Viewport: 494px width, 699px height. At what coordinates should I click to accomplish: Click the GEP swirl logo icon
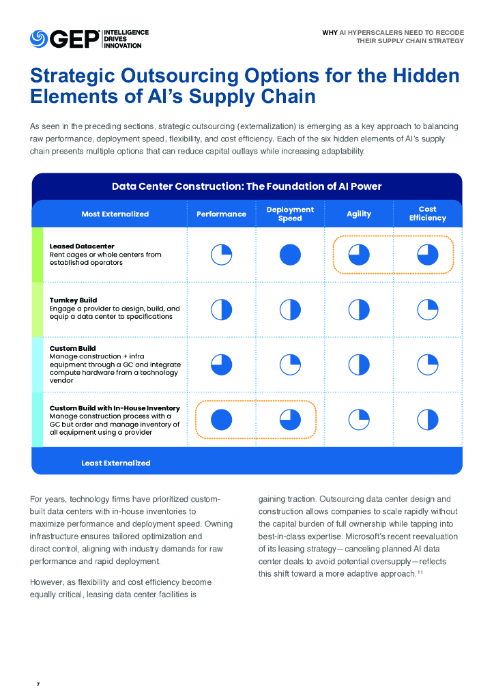pyautogui.click(x=39, y=39)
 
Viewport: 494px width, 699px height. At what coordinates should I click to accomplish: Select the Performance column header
pyautogui.click(x=221, y=214)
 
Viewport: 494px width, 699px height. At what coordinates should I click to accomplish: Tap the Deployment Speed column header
pyautogui.click(x=290, y=214)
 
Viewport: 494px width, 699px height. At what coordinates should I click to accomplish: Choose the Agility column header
pyautogui.click(x=359, y=214)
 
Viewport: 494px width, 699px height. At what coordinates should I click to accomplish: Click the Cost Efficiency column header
pyautogui.click(x=428, y=214)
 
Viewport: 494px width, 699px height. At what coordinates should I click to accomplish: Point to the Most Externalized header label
pyautogui.click(x=115, y=214)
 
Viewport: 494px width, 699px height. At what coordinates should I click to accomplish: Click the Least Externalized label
pyautogui.click(x=116, y=463)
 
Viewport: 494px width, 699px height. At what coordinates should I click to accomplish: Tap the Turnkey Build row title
pyautogui.click(x=74, y=300)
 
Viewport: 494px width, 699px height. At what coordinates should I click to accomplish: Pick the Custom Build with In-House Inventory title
pyautogui.click(x=115, y=408)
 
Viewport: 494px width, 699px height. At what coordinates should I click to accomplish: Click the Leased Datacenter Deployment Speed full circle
pyautogui.click(x=290, y=255)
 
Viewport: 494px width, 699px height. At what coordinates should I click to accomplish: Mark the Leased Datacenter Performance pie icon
pyautogui.click(x=221, y=255)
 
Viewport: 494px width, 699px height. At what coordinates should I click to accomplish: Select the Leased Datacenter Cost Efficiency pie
pyautogui.click(x=428, y=255)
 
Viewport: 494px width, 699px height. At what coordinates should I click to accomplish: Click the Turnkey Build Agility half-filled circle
pyautogui.click(x=359, y=309)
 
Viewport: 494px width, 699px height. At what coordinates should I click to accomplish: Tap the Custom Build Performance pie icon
pyautogui.click(x=221, y=365)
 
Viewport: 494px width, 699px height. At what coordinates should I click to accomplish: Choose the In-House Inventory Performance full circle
pyautogui.click(x=221, y=419)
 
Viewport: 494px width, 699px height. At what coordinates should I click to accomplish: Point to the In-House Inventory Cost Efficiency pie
pyautogui.click(x=428, y=419)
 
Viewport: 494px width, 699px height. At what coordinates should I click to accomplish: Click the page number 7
pyautogui.click(x=38, y=683)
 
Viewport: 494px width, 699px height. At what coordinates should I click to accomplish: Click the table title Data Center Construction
pyautogui.click(x=246, y=186)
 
